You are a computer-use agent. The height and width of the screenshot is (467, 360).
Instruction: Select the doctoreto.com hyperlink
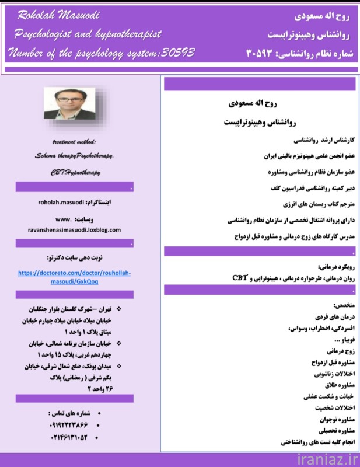point(74,277)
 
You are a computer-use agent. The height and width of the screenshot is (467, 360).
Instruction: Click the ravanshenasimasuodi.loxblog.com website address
point(74,230)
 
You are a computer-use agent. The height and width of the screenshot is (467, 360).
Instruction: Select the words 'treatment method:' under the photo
point(74,142)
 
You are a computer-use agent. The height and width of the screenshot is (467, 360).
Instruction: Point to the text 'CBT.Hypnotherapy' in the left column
point(74,172)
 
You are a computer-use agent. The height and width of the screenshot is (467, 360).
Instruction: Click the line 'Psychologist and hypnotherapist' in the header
point(88,34)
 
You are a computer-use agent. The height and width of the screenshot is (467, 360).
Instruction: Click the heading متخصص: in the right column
point(344,305)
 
